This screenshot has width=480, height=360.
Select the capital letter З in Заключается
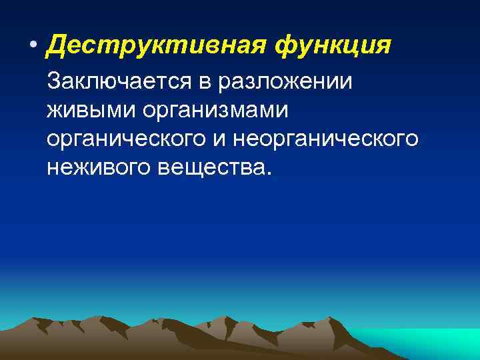pyautogui.click(x=53, y=82)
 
